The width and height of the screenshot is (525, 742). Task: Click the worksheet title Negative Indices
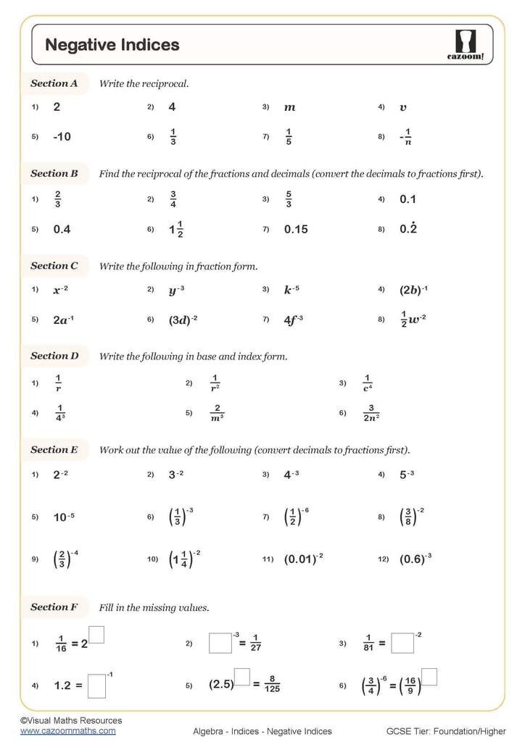[112, 45]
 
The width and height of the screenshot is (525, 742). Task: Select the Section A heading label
[54, 83]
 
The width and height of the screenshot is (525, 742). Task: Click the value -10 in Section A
[62, 136]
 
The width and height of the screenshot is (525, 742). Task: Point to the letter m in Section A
[289, 107]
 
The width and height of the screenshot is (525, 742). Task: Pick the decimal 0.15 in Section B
[296, 229]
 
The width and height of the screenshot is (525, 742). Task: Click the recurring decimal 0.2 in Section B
[408, 229]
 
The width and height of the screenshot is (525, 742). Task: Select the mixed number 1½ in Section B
[175, 229]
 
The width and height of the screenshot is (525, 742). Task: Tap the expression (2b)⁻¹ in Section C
[413, 290]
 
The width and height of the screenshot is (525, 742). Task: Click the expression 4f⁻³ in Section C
[294, 319]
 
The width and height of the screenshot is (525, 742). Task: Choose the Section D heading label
[54, 356]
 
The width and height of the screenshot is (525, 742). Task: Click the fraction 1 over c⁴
[367, 383]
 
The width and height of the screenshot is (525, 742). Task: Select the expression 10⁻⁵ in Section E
[64, 517]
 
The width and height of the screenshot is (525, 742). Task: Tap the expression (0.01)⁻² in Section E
[303, 559]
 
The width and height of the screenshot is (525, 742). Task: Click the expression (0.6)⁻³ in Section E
[416, 559]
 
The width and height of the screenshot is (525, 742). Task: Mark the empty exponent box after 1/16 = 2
[96, 635]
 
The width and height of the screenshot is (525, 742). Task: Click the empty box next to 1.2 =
[96, 686]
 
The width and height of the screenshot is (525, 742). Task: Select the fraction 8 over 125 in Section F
[272, 684]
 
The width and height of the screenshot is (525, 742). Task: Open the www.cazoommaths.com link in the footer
[67, 731]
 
